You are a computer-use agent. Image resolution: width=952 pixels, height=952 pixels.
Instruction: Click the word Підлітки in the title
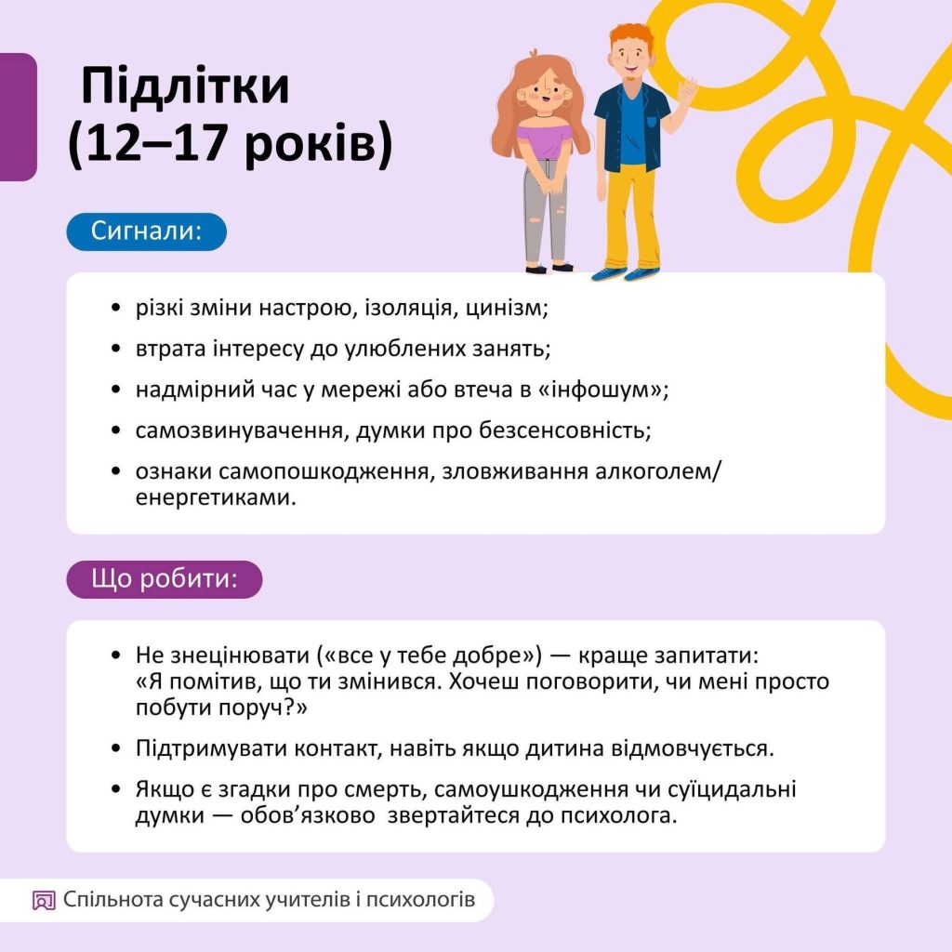(x=185, y=88)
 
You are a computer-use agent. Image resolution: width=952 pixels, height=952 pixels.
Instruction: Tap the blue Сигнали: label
(x=146, y=231)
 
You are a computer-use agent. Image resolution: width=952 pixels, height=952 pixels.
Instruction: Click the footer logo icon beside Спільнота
(x=44, y=900)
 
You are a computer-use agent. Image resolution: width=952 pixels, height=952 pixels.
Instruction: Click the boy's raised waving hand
(x=687, y=90)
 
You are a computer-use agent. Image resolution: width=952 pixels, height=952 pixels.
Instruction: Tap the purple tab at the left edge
(x=18, y=116)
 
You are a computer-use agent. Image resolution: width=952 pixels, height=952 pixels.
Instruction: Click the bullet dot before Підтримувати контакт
(x=115, y=748)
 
